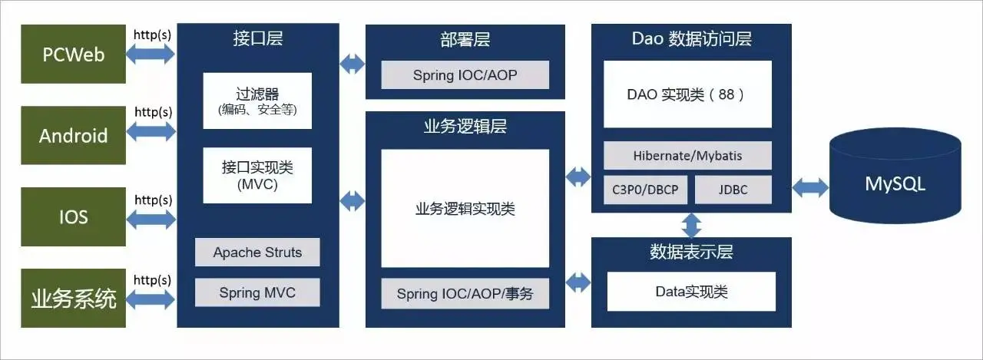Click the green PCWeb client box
[73, 54]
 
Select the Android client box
[73, 136]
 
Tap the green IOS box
[73, 216]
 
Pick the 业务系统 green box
[73, 298]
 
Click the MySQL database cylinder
[895, 183]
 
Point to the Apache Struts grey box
[257, 253]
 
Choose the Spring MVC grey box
[257, 292]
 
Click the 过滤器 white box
[257, 101]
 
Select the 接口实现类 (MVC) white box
[257, 176]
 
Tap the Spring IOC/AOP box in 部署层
[465, 75]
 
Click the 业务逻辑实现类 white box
[465, 208]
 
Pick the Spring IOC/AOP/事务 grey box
[465, 293]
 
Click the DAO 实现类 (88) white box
[687, 94]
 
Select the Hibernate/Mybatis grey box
[687, 155]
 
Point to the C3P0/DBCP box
[645, 190]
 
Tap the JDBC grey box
[733, 190]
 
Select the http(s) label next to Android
[154, 112]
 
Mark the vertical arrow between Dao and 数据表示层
[692, 224]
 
